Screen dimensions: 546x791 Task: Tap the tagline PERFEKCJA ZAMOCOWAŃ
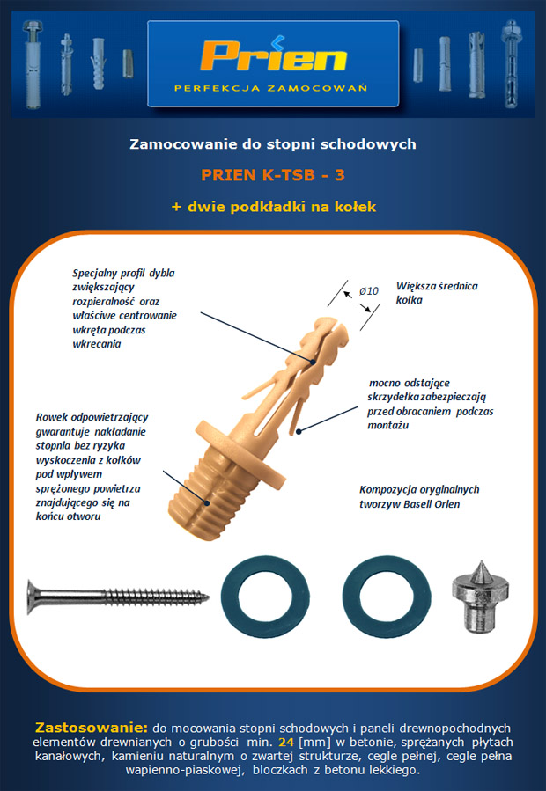270,88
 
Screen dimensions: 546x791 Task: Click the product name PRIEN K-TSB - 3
273,175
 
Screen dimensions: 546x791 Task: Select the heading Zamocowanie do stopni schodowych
273,144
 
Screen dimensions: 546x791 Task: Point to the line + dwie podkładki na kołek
273,207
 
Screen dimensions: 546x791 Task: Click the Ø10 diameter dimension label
369,291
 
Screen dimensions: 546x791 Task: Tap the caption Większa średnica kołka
437,293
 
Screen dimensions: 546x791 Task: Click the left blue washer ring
265,597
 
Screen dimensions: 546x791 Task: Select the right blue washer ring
387,597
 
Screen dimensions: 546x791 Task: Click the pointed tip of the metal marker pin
480,562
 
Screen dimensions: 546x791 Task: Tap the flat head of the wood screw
32,597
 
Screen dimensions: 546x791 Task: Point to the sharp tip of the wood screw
208,598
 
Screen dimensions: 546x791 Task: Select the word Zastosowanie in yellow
91,728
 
